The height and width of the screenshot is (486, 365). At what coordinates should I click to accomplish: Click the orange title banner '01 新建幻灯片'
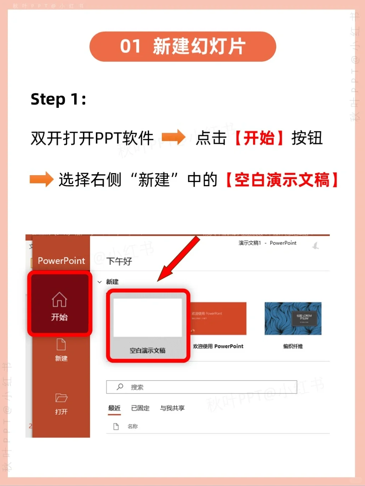[x=182, y=47]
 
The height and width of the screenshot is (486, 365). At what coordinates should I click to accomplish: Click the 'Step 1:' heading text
[x=58, y=99]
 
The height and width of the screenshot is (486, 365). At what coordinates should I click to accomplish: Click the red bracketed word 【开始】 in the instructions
[x=259, y=138]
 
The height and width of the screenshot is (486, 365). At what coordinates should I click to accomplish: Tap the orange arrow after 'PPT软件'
[x=173, y=137]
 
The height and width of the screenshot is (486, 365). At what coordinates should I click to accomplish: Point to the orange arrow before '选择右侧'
[x=41, y=179]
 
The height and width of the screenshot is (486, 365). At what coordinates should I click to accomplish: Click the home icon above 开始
[x=59, y=299]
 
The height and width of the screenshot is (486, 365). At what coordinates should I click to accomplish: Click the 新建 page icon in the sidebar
[x=61, y=345]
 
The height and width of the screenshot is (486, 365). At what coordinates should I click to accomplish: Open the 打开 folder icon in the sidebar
[x=61, y=398]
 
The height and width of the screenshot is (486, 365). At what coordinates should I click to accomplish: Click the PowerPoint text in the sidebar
[x=61, y=261]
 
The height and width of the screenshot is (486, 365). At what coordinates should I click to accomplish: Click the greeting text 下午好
[x=119, y=262]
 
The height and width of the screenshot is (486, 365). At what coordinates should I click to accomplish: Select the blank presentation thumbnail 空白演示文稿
[x=148, y=318]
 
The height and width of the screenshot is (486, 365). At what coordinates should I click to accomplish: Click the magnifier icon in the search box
[x=120, y=387]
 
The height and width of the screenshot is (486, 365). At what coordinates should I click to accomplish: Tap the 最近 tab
[x=114, y=408]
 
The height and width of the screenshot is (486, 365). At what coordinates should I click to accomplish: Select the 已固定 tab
[x=140, y=408]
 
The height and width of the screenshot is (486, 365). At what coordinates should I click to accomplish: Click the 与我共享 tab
[x=172, y=408]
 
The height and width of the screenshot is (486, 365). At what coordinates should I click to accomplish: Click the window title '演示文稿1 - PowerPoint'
[x=267, y=243]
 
